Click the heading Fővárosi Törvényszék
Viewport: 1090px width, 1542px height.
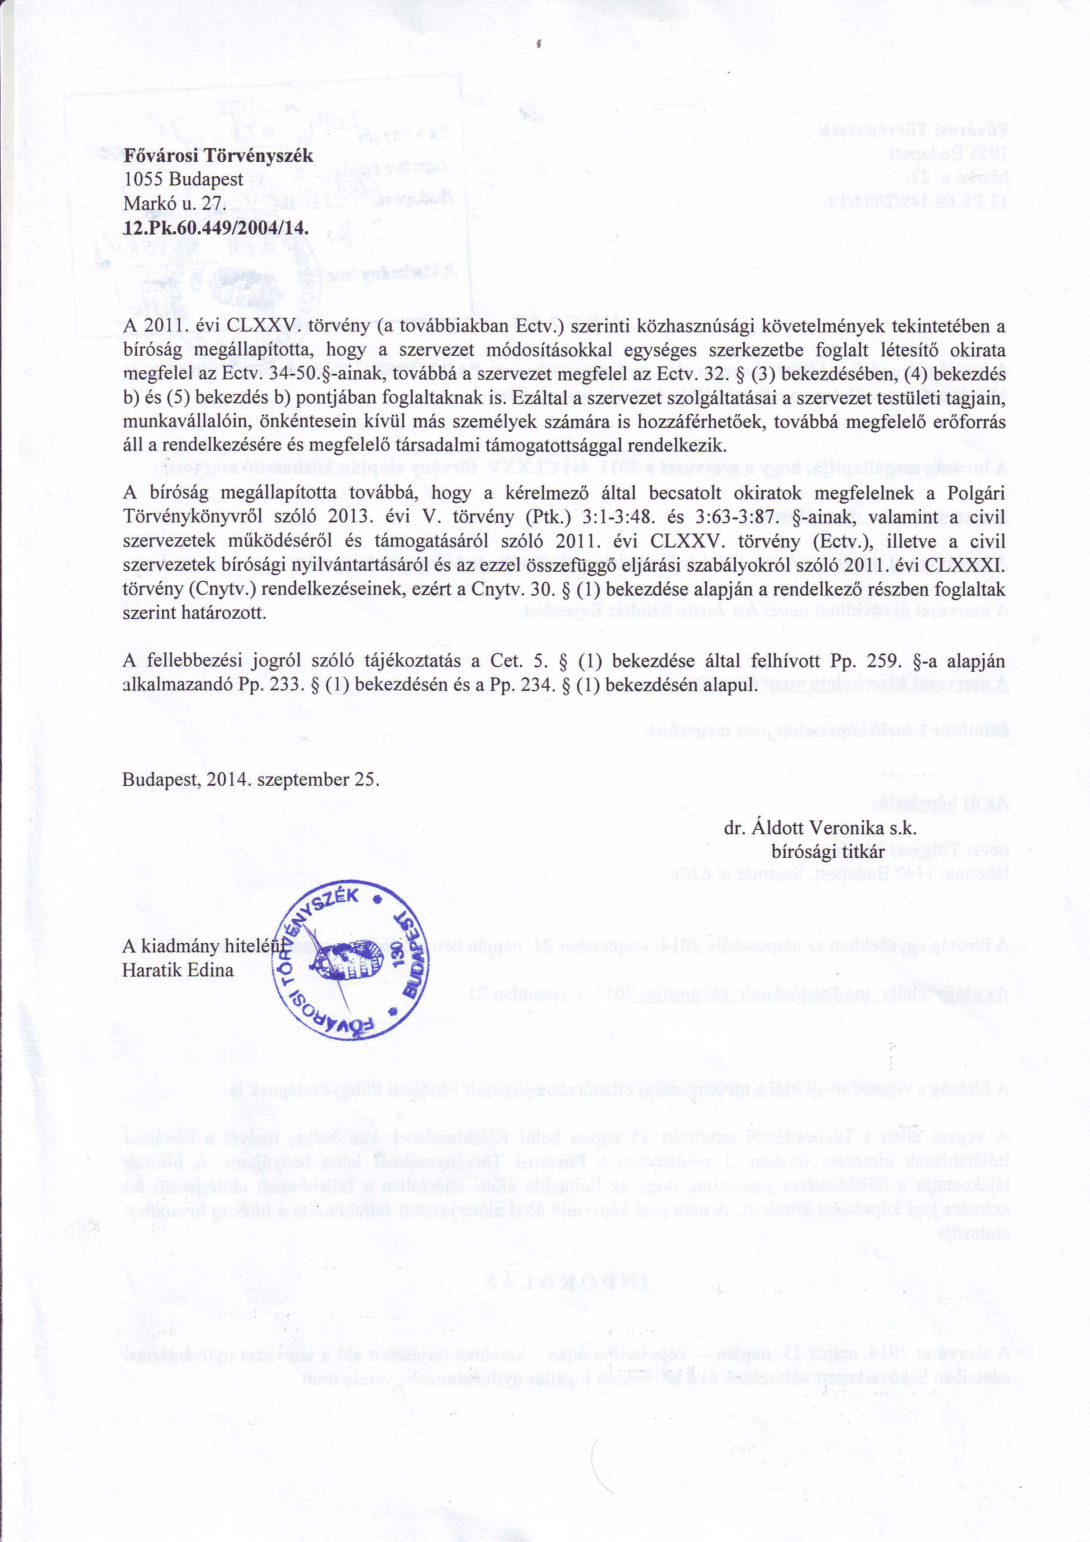click(218, 156)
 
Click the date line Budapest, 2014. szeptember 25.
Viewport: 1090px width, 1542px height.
click(251, 780)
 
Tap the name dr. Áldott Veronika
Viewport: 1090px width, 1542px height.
click(803, 828)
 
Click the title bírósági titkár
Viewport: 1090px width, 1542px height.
click(828, 852)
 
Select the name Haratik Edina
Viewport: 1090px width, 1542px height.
click(178, 970)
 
